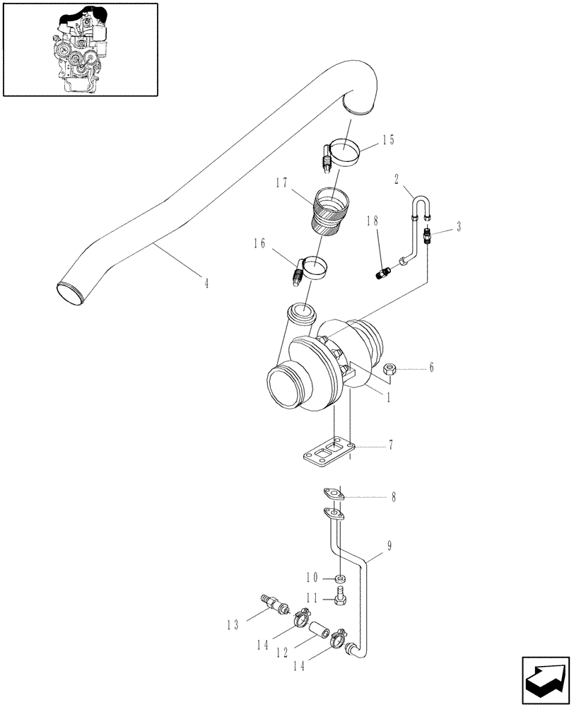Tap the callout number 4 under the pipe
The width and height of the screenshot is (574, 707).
(206, 284)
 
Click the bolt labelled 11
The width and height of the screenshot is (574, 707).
(339, 598)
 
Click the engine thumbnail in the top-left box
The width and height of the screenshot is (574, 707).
(80, 49)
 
